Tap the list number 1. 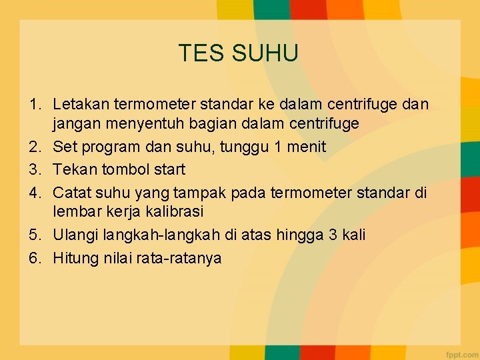(x=33, y=105)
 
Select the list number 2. (x=33, y=147)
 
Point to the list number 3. (x=33, y=169)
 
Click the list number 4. (x=33, y=193)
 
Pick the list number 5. (x=33, y=235)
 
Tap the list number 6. (x=33, y=258)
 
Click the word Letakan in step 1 (x=81, y=105)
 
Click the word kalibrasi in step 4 (x=173, y=211)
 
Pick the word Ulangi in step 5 (x=75, y=235)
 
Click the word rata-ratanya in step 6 (x=178, y=259)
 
